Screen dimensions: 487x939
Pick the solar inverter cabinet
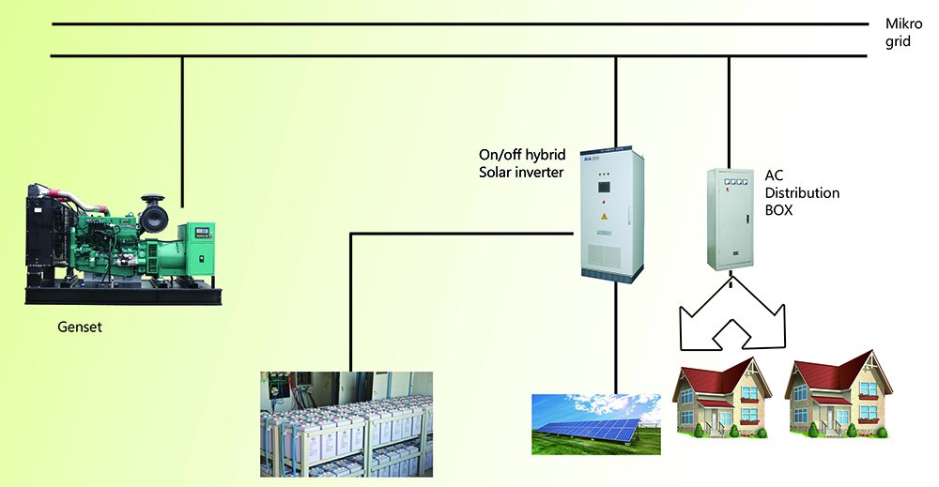[x=612, y=215]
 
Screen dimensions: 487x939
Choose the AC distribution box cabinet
[x=730, y=217]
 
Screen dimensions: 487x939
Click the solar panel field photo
[x=595, y=423]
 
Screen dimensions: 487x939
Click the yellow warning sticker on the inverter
[x=604, y=216]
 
